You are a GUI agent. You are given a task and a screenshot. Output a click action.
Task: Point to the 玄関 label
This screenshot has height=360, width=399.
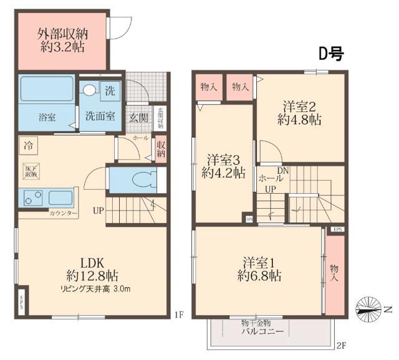(x=138, y=117)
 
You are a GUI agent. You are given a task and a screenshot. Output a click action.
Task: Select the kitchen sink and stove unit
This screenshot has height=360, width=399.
(x=47, y=199)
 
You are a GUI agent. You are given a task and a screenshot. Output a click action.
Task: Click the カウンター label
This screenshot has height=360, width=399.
(x=64, y=214)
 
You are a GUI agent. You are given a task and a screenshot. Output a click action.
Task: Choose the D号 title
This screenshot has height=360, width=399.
(x=331, y=54)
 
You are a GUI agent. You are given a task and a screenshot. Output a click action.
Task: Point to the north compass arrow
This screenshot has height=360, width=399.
(x=373, y=308)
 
